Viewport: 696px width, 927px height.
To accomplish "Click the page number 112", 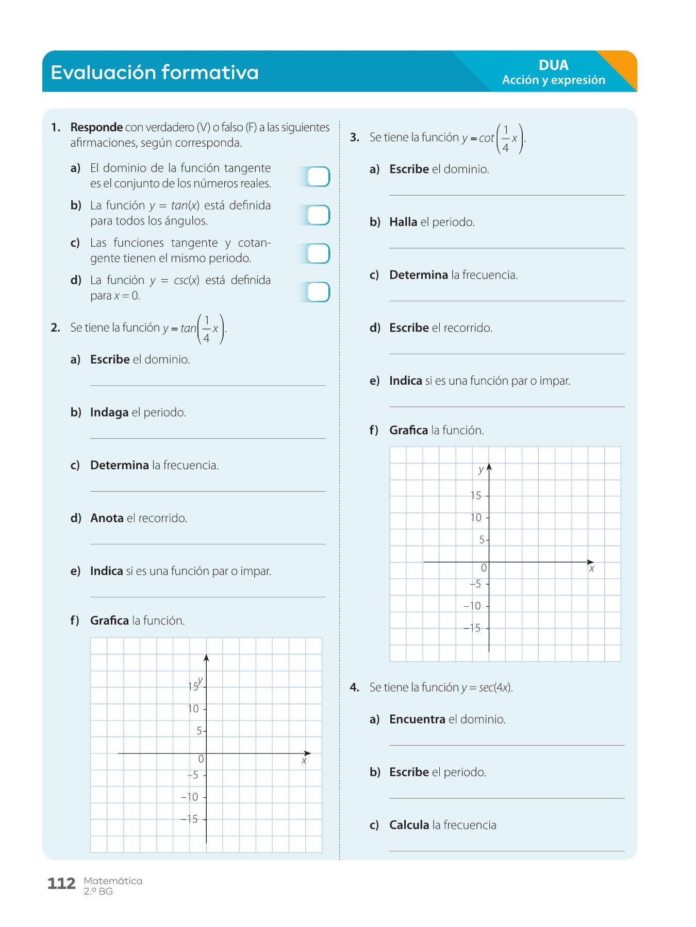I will pyautogui.click(x=61, y=884).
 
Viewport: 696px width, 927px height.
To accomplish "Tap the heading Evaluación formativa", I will pyautogui.click(x=155, y=72).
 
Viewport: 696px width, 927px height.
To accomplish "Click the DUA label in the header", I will pyautogui.click(x=553, y=65).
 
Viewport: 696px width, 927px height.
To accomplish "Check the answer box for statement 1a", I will pyautogui.click(x=318, y=177).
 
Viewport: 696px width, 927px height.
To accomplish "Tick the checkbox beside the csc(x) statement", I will pyautogui.click(x=318, y=292).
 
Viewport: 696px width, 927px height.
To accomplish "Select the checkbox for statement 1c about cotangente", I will pyautogui.click(x=318, y=253).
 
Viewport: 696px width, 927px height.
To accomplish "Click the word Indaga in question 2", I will pyautogui.click(x=109, y=413).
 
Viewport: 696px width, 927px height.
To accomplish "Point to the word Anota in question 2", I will pyautogui.click(x=107, y=518).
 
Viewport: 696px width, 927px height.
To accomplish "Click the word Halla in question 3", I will pyautogui.click(x=403, y=222).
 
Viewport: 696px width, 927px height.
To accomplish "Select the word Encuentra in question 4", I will pyautogui.click(x=417, y=719).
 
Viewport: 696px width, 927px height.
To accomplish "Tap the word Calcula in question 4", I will pyautogui.click(x=409, y=825).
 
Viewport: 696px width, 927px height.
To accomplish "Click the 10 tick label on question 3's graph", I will pyautogui.click(x=476, y=518).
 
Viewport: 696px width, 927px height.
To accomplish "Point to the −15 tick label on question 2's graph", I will pyautogui.click(x=189, y=819).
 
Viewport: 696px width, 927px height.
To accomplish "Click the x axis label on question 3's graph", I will pyautogui.click(x=592, y=569).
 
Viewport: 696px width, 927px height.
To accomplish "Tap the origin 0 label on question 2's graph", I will pyautogui.click(x=201, y=759).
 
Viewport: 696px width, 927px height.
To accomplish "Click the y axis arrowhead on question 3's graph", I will pyautogui.click(x=489, y=467).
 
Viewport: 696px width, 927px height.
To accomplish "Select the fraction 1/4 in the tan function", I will pyautogui.click(x=207, y=329).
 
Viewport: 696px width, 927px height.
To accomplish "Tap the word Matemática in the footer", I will pyautogui.click(x=113, y=881).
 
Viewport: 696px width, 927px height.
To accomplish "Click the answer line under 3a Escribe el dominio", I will pyautogui.click(x=507, y=195).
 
